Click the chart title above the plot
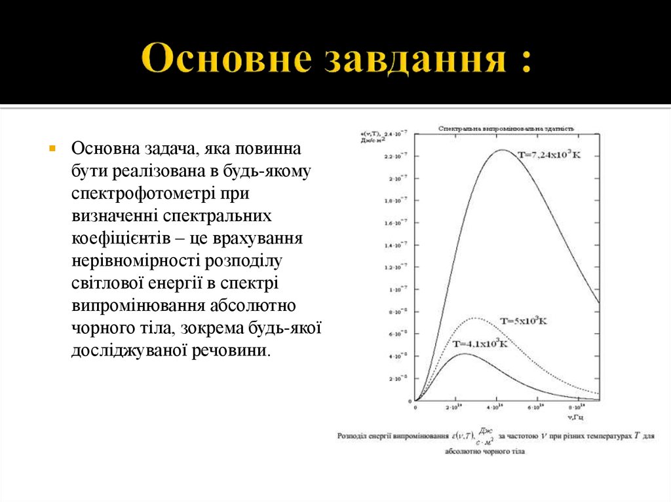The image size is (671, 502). pyautogui.click(x=507, y=129)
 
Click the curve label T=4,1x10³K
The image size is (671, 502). pyautogui.click(x=480, y=344)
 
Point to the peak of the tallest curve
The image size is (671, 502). pyautogui.click(x=502, y=150)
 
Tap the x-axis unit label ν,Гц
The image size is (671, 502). pyautogui.click(x=577, y=416)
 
